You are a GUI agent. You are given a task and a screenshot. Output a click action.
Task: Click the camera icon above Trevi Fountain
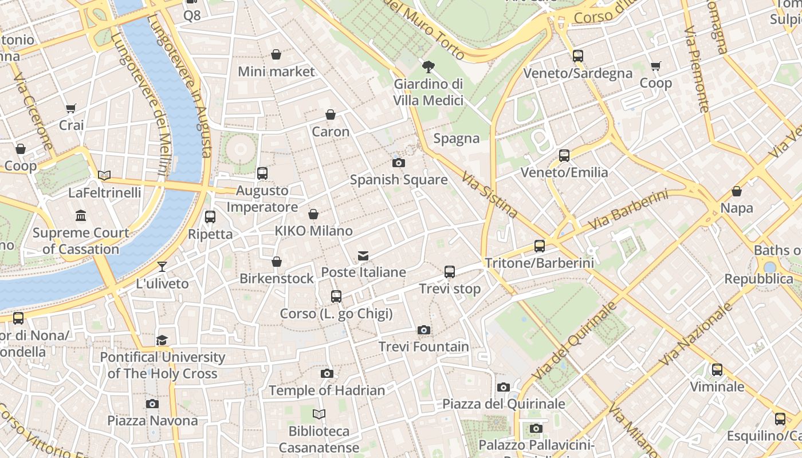[423, 330]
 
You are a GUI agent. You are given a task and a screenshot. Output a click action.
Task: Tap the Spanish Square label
[399, 180]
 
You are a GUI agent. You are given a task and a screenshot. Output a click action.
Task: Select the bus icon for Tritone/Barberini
[539, 246]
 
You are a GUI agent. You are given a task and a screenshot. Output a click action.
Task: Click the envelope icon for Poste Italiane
[363, 255]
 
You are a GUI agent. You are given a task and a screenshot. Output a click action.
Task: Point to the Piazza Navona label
[152, 421]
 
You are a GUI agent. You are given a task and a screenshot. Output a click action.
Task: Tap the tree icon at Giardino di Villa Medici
[428, 67]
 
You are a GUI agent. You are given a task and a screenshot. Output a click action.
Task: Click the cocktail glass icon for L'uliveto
[162, 266]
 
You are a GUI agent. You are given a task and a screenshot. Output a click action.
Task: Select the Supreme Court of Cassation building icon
[81, 216]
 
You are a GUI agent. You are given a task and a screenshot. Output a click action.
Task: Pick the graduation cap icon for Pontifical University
[162, 340]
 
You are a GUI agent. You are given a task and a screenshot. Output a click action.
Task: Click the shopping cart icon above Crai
[71, 108]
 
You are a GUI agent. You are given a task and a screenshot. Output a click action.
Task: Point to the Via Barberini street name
[628, 211]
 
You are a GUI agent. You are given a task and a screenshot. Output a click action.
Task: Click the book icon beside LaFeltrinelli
[104, 175]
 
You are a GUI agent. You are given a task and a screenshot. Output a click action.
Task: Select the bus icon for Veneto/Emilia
[564, 155]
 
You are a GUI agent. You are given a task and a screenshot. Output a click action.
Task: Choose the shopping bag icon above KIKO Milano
[313, 214]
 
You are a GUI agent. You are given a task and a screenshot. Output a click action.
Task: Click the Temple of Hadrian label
[327, 390]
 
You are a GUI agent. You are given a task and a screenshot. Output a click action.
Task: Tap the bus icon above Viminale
[717, 369]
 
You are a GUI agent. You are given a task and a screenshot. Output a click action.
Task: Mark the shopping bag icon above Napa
[737, 191]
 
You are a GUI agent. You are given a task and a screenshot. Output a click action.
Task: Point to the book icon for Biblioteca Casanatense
[319, 414]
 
